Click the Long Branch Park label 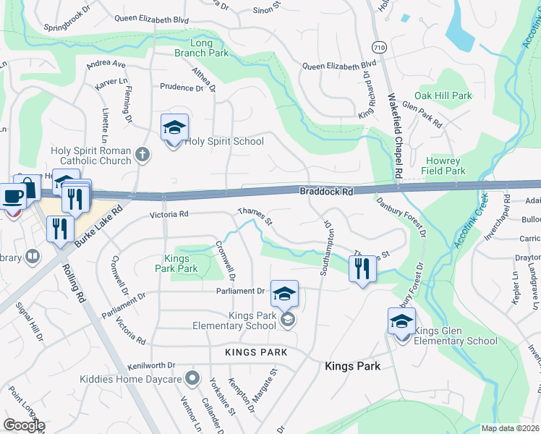pyautogui.click(x=201, y=47)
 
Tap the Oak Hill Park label pyautogui.click(x=443, y=95)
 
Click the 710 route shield pyautogui.click(x=378, y=47)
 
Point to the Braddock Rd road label pyautogui.click(x=326, y=192)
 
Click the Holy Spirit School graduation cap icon pyautogui.click(x=174, y=127)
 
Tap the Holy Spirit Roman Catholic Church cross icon pyautogui.click(x=143, y=153)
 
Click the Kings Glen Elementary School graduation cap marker pyautogui.click(x=401, y=322)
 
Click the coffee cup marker pyautogui.click(x=14, y=195)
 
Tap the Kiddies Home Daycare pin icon pyautogui.click(x=192, y=377)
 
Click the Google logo pyautogui.click(x=24, y=425)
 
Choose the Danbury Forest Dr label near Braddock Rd pyautogui.click(x=402, y=215)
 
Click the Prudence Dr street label pyautogui.click(x=182, y=87)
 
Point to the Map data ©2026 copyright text pyautogui.click(x=510, y=428)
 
